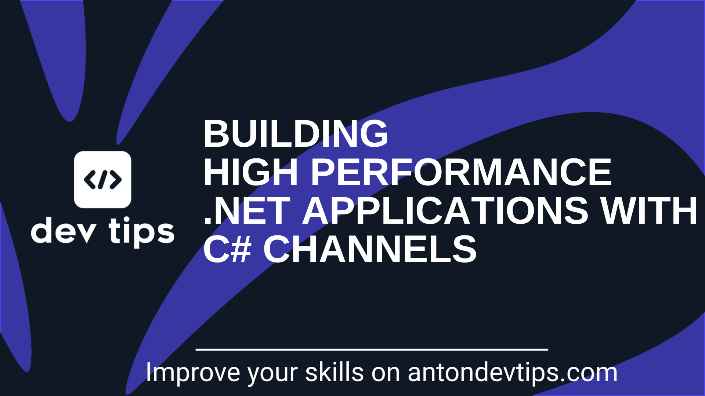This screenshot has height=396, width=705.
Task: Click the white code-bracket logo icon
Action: point(102,180)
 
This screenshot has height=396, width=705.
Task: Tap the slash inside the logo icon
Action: point(103,180)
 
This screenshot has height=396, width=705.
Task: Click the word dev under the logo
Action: point(64,231)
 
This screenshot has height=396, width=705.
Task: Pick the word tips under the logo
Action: point(141,232)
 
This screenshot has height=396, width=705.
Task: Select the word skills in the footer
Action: point(334,372)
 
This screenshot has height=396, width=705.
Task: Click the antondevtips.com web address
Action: point(513,373)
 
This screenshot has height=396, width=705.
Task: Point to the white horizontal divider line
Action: point(372,350)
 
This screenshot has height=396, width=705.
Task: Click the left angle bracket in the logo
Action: point(90,180)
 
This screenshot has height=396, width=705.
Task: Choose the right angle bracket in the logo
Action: point(116,180)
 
